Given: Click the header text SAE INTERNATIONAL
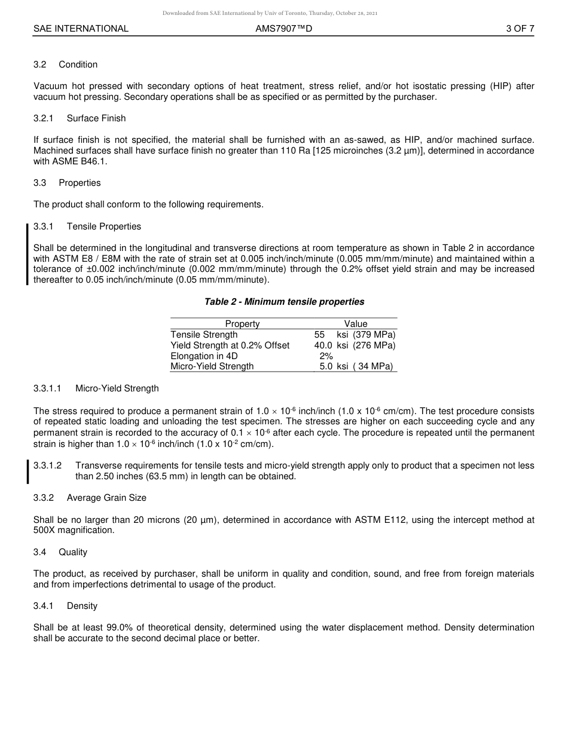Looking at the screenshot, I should point(81,29).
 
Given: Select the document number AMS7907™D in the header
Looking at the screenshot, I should point(283,29).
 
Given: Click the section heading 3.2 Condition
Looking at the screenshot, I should point(66,65).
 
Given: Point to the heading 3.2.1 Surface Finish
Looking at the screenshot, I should point(80,118).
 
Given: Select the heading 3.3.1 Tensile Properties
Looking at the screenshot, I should point(87,226).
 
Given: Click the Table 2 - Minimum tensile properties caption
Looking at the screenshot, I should point(284,302).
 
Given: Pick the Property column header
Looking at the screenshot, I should point(242,324).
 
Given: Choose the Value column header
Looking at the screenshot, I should point(356,324).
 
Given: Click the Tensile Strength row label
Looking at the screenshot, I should point(204,335).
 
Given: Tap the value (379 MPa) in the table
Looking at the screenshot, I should point(374,335).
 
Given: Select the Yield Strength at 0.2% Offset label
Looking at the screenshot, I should point(230,345).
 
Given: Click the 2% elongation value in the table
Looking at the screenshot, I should point(326,356).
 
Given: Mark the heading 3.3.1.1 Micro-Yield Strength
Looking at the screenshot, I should point(96,388).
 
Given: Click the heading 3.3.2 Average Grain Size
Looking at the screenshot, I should point(90,498).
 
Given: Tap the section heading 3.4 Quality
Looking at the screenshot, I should point(60,552).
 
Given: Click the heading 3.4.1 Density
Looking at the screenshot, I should point(66,606).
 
